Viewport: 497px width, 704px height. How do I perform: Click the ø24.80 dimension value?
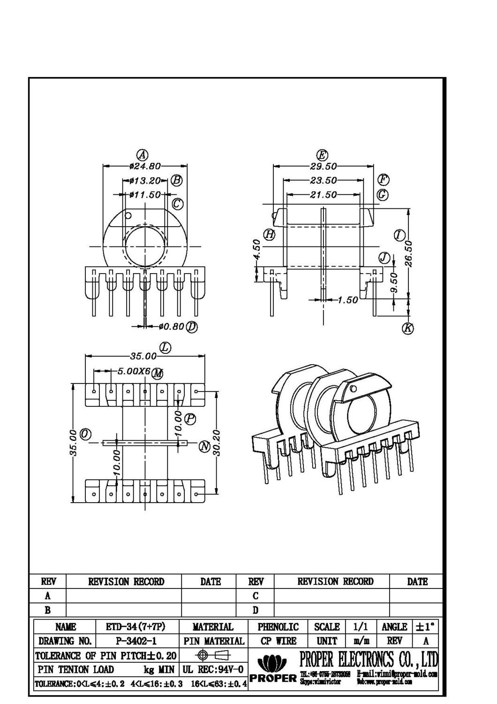145,166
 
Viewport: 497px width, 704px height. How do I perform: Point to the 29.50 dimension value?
323,166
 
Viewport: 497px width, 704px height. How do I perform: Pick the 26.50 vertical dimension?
409,253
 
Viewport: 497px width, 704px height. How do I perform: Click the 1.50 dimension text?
347,300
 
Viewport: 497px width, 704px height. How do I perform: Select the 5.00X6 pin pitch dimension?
134,371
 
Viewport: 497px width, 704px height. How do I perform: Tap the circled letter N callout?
204,446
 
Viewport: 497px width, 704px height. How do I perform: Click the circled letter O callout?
85,434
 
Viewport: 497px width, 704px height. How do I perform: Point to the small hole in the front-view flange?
128,215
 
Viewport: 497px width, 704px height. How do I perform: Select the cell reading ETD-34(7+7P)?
136,627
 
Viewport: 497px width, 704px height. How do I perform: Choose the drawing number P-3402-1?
136,641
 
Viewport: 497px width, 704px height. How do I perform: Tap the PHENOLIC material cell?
278,627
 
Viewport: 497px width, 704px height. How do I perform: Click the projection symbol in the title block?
213,655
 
